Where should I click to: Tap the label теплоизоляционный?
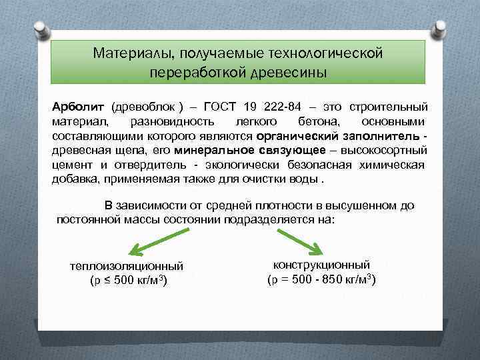[x=127, y=267]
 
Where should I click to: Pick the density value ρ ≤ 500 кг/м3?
[x=127, y=281]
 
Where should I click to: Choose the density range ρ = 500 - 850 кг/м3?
[x=321, y=279]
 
